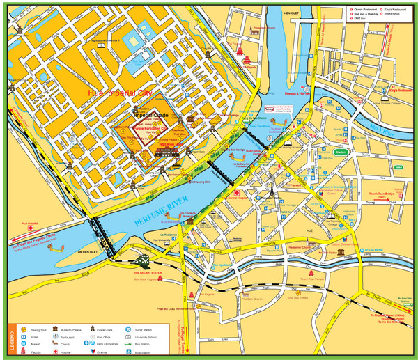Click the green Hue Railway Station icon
coord(144,260)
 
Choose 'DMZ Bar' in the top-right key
coord(363,18)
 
